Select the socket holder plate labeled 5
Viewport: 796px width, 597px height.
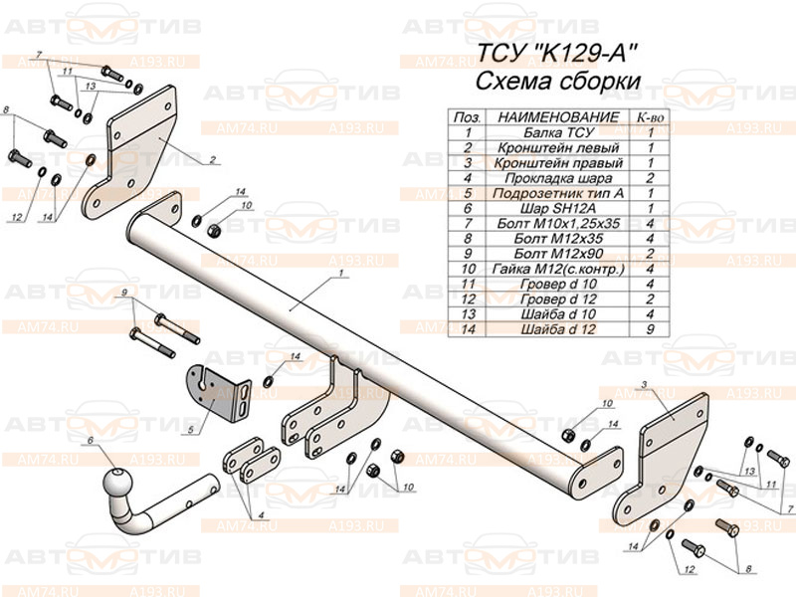[218, 393]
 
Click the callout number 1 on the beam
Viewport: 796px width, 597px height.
[341, 273]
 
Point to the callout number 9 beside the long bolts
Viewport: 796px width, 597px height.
[123, 293]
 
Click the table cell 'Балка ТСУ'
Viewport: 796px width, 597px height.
[558, 133]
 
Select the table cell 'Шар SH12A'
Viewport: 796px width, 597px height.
[558, 208]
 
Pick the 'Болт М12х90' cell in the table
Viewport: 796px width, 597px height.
[558, 254]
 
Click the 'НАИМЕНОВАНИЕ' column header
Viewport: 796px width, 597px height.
[558, 117]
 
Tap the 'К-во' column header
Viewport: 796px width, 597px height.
[650, 117]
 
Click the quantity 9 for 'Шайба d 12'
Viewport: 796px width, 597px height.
[650, 329]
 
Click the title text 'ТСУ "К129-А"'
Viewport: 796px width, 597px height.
[557, 53]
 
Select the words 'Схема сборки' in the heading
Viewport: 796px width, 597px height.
[557, 82]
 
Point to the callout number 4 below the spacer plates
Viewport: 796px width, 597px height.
[261, 514]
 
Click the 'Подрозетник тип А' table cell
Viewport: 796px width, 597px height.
[558, 193]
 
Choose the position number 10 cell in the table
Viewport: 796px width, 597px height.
[468, 269]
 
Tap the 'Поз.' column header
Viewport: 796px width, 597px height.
[467, 117]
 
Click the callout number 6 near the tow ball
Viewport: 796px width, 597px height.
[91, 440]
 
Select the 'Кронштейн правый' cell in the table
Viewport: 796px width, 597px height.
[558, 163]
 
